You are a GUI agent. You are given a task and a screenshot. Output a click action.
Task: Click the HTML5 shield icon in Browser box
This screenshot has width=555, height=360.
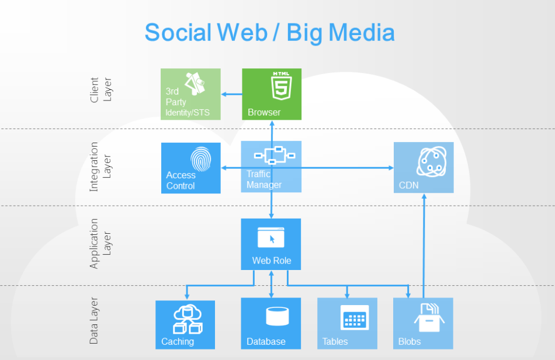coord(282,86)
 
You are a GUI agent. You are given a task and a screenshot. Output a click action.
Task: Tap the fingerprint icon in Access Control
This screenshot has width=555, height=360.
coord(201,160)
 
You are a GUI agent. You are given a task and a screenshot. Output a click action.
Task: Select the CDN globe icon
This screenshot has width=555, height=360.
coord(432,161)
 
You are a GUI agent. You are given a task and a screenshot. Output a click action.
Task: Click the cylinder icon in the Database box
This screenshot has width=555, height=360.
coord(277,316)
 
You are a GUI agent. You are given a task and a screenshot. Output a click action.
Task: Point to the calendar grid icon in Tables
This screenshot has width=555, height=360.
coord(355,317)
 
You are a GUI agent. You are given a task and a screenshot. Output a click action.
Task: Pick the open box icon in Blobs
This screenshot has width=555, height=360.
coord(429,317)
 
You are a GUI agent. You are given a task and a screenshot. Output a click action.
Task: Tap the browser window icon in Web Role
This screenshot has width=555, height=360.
coord(270,237)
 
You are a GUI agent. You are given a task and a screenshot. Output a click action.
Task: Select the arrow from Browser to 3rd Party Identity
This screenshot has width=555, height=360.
coord(232,94)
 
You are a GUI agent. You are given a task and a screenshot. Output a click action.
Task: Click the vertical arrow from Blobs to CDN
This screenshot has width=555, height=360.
coord(424,245)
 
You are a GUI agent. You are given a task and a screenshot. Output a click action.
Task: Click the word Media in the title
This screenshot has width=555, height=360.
coord(362,33)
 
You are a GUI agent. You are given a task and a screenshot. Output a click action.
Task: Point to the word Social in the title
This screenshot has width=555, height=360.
coord(178,33)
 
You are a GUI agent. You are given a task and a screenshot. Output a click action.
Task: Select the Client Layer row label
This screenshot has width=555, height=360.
coord(101,90)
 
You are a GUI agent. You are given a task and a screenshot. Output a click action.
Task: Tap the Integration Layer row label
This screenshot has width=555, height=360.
coord(100,167)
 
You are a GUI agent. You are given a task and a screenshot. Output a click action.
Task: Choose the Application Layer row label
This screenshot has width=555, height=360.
coord(100,244)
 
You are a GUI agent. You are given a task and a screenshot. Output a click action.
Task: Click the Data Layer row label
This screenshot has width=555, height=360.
coord(93,321)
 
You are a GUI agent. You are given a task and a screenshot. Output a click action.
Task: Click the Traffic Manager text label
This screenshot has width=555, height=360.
coord(264,179)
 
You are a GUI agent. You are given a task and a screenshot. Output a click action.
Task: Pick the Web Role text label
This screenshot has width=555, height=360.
coord(272,261)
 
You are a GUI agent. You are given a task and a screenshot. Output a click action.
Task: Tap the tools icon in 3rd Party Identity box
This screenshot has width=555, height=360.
coord(195,84)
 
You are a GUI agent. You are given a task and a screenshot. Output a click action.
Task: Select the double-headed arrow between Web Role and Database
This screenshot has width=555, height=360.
coord(271,284)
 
